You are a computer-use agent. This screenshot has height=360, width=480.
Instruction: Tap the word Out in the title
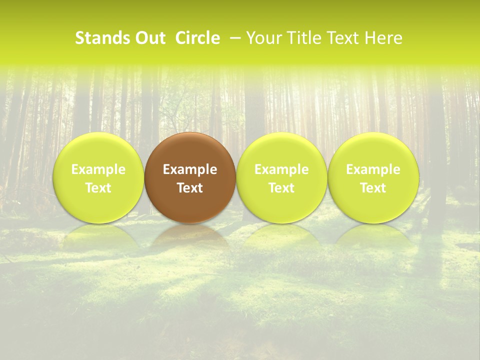[x=148, y=38]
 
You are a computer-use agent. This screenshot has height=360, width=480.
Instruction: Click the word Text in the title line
[x=341, y=38]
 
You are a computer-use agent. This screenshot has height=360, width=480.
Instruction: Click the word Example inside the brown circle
[x=190, y=169]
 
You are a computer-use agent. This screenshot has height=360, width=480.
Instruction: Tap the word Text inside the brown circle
[x=190, y=188]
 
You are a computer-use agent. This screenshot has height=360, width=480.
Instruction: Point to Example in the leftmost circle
[x=98, y=169]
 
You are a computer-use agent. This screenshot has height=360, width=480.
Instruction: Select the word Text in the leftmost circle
[x=98, y=188]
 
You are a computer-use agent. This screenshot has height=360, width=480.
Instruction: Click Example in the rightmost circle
[x=373, y=169]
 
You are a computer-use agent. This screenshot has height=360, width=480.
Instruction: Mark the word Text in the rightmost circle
[x=373, y=188]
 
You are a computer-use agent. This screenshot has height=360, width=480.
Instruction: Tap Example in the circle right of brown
[x=281, y=169]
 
